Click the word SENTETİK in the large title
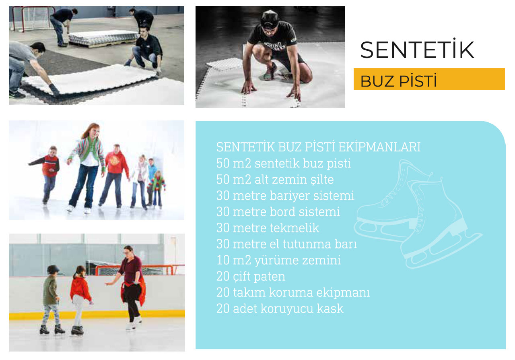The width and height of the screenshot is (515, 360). tap(417, 50)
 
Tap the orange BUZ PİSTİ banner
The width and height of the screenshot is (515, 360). tap(429, 79)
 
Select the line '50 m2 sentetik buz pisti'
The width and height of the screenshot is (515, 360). tap(283, 163)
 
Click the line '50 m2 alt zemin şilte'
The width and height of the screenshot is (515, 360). tap(275, 180)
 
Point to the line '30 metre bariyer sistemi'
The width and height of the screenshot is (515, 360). tap(285, 196)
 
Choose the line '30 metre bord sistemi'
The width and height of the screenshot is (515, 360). tap(278, 212)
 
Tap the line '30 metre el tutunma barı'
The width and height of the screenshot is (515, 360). tap(286, 244)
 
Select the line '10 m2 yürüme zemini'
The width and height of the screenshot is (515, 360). tap(278, 260)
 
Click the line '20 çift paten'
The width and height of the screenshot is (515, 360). tap(251, 277)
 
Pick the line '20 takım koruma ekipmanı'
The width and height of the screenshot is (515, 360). tap(293, 293)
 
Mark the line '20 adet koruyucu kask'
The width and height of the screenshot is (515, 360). tap(280, 309)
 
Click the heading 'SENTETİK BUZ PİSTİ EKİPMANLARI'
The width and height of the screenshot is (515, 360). tap(318, 147)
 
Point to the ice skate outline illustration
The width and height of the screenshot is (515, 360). tap(418, 213)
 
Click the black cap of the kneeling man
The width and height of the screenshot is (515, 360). tap(269, 18)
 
